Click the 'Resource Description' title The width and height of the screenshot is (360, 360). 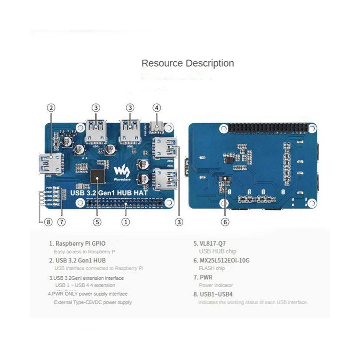pos(187,63)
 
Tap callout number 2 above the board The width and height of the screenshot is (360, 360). pos(51,108)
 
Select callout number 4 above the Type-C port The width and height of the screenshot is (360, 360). pos(157,108)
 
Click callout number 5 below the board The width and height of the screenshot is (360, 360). pos(97,222)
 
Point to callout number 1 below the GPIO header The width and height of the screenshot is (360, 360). pos(125,222)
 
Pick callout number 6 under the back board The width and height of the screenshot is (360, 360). pos(225,222)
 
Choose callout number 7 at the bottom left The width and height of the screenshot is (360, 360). pos(61,222)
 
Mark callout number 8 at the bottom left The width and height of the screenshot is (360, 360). pos(48,222)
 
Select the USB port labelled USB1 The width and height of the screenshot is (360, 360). pos(96,132)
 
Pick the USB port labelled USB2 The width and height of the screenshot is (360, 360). pos(130,132)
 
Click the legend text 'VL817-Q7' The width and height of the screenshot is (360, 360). pos(212,244)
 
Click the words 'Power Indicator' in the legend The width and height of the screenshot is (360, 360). pos(216,285)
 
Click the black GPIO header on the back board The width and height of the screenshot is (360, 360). pos(268,128)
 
